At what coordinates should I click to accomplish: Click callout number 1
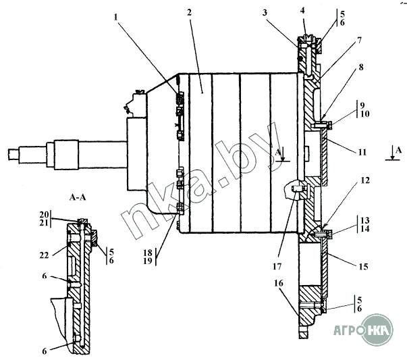tap(115, 17)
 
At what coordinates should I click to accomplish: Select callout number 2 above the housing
tap(189, 12)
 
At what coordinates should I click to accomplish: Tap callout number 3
tap(265, 12)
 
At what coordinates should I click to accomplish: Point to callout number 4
tap(302, 10)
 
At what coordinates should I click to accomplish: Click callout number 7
tap(359, 41)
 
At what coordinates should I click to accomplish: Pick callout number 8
tap(361, 68)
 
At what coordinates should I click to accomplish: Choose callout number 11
tap(362, 152)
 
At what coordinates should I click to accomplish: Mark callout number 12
tap(365, 180)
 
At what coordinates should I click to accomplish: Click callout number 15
tap(363, 267)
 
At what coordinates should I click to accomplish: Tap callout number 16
tap(279, 283)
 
